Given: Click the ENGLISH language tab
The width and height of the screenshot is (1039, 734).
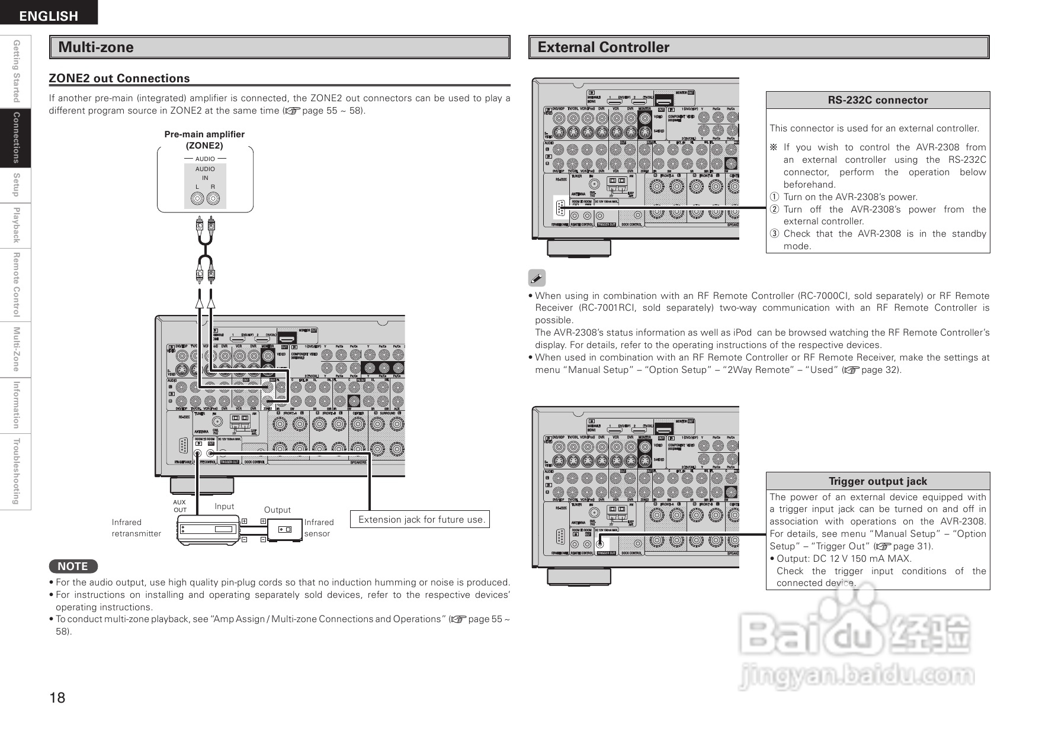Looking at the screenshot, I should [49, 15].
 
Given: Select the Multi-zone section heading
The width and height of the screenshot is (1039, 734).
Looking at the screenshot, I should [96, 47].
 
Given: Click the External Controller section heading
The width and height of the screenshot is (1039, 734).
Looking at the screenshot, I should [603, 47].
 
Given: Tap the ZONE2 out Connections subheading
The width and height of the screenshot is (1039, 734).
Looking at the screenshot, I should [119, 78].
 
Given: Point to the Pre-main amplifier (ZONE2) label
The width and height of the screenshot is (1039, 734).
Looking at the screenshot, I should [204, 140].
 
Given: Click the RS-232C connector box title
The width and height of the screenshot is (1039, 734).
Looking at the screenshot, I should [877, 100].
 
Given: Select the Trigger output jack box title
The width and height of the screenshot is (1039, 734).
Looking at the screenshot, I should [877, 481].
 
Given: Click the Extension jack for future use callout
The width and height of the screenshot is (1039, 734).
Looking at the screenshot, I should [422, 520].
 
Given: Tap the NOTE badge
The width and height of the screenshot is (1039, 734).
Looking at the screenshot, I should [73, 566].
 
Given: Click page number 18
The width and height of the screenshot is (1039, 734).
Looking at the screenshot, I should [57, 697].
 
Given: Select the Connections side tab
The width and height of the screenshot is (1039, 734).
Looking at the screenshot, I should [16, 137].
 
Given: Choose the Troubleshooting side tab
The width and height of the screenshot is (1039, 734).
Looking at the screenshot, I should [16, 472].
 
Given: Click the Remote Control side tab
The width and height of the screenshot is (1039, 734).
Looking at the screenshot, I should [16, 284].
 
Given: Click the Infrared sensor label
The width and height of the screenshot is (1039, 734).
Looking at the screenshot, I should [319, 528].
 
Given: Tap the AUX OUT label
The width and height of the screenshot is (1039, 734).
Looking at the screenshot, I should [179, 506].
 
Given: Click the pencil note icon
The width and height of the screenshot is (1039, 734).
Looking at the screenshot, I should [537, 277].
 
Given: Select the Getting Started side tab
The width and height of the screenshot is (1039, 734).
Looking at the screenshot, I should [16, 71].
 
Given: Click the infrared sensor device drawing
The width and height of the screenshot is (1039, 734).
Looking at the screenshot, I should [285, 529].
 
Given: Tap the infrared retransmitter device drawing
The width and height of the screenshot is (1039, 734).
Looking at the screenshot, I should [208, 529].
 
